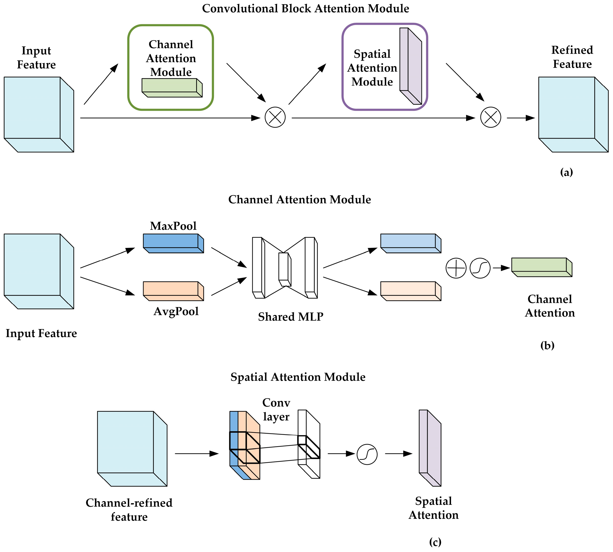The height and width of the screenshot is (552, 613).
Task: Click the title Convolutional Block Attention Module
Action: pos(305,8)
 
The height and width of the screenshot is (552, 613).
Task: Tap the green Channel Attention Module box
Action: pos(171,67)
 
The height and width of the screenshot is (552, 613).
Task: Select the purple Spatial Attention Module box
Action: pos(384,67)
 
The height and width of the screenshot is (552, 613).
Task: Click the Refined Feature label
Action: pos(572,57)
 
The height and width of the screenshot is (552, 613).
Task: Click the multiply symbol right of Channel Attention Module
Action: pos(275,117)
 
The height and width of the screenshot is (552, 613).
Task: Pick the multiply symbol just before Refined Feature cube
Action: pos(490,117)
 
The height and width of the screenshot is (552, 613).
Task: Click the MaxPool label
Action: pos(173,226)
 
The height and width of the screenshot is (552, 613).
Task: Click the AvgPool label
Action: pos(176,312)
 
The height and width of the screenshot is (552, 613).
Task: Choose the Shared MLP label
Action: pos(290,317)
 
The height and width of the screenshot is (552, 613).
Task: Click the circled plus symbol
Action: pos(456,268)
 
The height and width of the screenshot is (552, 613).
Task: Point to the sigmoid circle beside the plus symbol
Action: pos(480,268)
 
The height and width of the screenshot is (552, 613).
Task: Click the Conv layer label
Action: pos(276,410)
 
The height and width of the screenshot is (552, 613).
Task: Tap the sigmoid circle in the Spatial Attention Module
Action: pos(367,454)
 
